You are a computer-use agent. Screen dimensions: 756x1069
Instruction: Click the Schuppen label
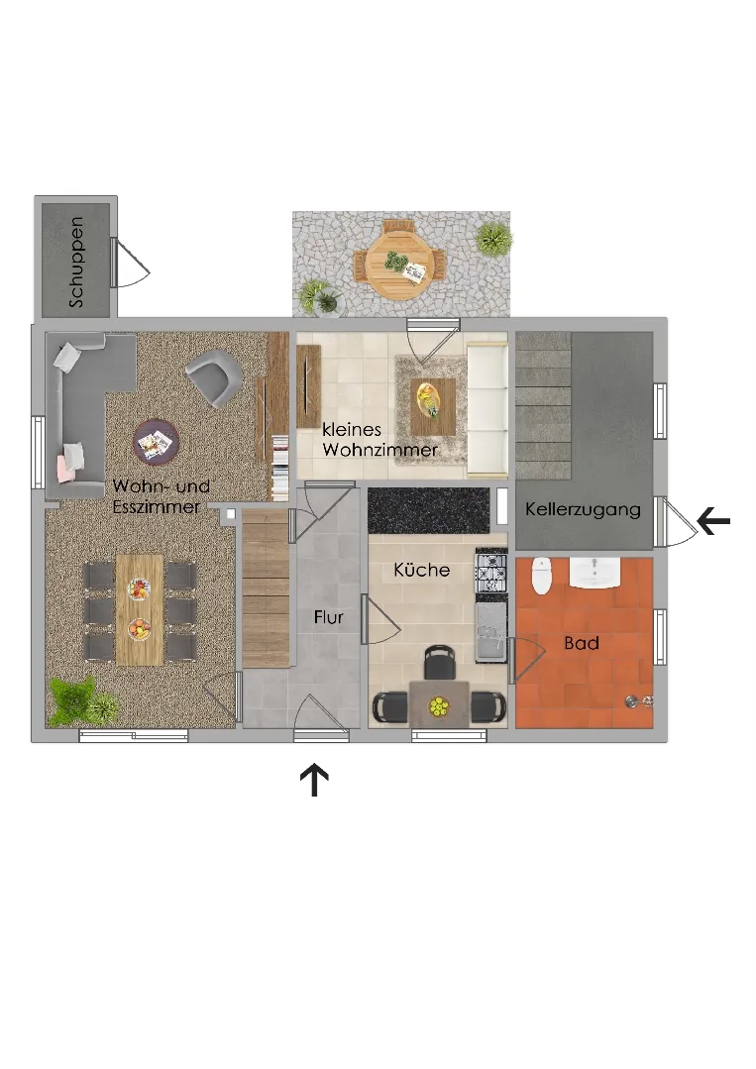coord(76,262)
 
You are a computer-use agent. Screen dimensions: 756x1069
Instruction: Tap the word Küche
coord(421,570)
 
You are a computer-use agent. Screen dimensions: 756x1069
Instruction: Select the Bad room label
coord(582,643)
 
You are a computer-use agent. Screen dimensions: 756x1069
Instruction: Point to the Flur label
coord(328,617)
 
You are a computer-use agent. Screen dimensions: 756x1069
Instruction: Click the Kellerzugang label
coord(583,509)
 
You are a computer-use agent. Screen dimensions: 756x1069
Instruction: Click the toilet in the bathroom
coord(541,575)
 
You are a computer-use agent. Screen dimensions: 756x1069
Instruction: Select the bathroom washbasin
coord(594,572)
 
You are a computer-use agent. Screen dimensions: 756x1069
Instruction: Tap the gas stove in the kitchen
coord(490,572)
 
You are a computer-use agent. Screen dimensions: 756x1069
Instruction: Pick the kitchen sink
coord(490,632)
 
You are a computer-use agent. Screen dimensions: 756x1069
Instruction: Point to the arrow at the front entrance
coord(314,780)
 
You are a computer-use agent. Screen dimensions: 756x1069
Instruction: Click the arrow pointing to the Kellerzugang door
coord(713,521)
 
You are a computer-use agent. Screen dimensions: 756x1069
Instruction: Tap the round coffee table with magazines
coord(157,443)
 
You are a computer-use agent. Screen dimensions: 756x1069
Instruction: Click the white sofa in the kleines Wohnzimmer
coord(487,410)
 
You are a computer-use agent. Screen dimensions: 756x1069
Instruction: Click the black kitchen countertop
coord(429,510)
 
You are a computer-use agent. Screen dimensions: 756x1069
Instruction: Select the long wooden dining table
coord(140,609)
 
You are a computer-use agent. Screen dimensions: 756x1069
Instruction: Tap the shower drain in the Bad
coord(632,700)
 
